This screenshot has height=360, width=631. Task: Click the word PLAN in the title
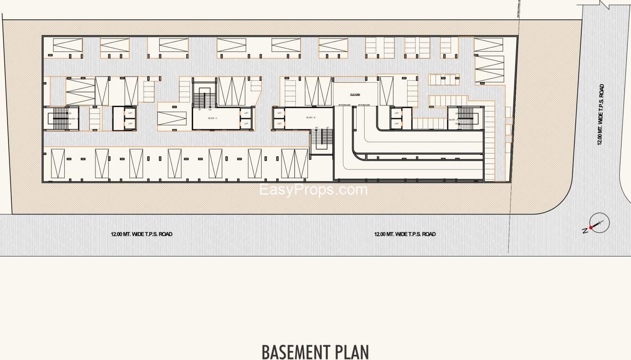coord(351,352)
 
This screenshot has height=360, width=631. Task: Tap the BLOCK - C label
coord(212,118)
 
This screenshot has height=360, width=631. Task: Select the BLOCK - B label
coord(310,117)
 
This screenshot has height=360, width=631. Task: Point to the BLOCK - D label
coord(73,119)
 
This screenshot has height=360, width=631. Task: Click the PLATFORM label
coord(355,94)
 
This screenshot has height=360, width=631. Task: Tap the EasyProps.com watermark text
coord(313,190)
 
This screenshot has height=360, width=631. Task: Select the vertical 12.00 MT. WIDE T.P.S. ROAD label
coord(600,115)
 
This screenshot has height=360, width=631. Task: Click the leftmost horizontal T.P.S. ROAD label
coord(141,234)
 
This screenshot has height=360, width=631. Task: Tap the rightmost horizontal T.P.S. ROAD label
coord(405,234)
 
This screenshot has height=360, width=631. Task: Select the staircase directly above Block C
coord(204,97)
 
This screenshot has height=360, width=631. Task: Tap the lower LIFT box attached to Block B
coord(279,123)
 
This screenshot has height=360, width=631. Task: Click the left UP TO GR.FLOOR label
coord(344,105)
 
